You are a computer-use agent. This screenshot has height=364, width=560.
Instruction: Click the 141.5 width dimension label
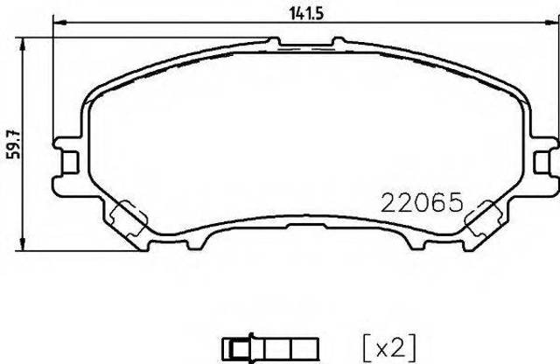click(x=306, y=14)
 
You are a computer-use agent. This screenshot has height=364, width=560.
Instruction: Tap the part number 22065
click(x=422, y=202)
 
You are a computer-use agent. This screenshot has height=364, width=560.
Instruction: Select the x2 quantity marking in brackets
click(x=389, y=347)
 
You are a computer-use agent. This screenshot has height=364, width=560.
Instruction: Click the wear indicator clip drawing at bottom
click(x=270, y=347)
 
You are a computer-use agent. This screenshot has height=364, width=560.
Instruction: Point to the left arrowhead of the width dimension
click(x=59, y=23)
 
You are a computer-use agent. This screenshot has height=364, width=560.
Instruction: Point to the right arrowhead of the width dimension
click(x=552, y=23)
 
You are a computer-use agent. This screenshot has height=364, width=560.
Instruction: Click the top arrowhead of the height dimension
click(x=23, y=44)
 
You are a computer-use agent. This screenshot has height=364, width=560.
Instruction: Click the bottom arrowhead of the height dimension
click(x=23, y=243)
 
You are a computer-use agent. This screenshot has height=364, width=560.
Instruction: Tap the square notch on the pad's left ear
click(x=71, y=162)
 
